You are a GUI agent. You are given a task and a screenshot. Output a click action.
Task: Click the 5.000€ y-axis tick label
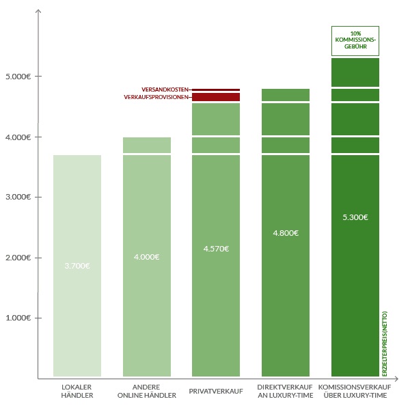coord(18,77)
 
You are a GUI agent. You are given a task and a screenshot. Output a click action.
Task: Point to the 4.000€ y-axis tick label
coord(18,137)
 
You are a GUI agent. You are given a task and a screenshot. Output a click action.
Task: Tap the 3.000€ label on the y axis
coord(18,197)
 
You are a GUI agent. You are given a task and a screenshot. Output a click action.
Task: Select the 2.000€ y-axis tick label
coord(18,258)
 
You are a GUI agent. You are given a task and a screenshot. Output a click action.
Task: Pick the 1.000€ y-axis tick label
coord(18,318)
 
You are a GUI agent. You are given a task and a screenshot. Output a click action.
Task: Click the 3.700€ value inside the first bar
coord(77,266)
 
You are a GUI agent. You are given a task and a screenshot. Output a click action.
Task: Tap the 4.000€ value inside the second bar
coord(147,257)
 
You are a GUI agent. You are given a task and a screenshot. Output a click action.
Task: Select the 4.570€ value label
coord(216,249)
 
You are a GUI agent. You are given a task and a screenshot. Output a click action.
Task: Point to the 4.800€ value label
coord(286,233)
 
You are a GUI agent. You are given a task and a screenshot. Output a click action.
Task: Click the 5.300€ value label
coord(355,217)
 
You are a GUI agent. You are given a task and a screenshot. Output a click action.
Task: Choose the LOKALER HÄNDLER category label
coord(77,391)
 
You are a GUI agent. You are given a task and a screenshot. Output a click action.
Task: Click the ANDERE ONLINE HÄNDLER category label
coord(147,391)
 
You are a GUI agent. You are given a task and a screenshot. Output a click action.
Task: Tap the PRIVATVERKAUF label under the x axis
coord(216,391)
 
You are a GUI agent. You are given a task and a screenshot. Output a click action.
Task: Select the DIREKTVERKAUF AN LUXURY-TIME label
coord(285,391)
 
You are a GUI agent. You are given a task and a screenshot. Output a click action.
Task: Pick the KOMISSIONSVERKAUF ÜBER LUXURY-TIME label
coord(355,391)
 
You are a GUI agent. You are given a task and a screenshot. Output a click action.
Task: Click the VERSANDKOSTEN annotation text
coord(165,90)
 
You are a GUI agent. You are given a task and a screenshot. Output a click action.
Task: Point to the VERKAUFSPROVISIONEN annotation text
coord(156,97)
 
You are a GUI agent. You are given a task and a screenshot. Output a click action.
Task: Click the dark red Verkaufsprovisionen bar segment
coord(216,97)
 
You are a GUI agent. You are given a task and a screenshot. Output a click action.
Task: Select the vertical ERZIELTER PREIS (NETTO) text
coord(384,344)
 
